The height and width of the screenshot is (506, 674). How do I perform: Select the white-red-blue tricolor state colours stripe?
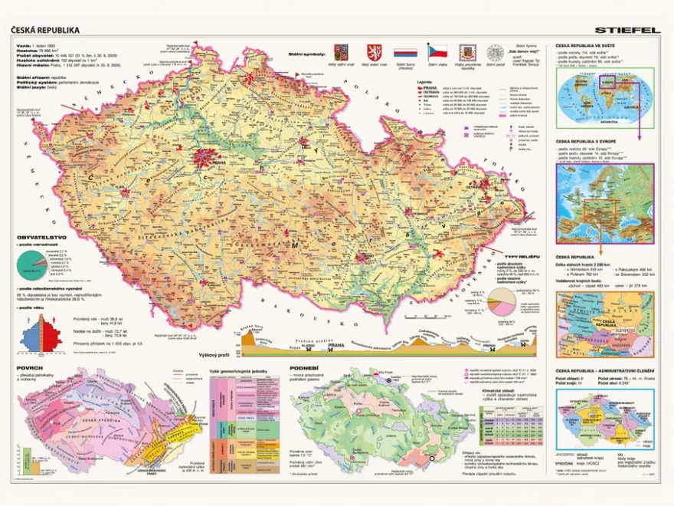(404, 54)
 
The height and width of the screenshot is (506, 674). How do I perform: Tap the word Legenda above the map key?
(426, 81)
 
